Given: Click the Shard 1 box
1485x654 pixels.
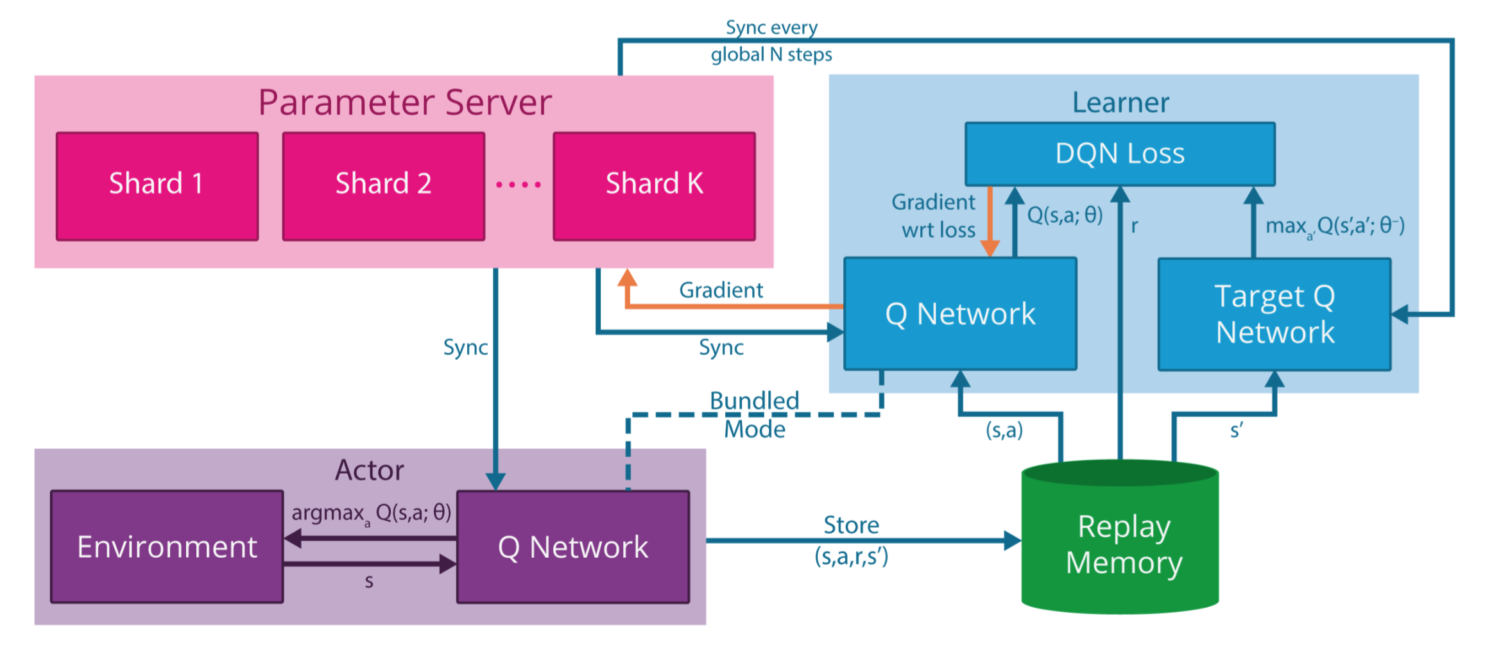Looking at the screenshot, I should tap(157, 186).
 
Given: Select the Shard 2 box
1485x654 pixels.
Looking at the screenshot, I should tap(383, 186).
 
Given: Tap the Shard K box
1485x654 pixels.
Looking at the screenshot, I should tap(654, 186).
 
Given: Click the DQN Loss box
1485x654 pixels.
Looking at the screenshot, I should tap(1120, 154).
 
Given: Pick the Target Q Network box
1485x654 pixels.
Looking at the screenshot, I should tap(1275, 314).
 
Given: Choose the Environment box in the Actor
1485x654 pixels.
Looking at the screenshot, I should tap(167, 547).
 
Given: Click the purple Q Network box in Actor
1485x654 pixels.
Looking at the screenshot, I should tap(573, 547).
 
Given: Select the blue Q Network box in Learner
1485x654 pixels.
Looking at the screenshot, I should tap(960, 314).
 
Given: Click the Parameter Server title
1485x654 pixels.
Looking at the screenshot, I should tap(405, 103).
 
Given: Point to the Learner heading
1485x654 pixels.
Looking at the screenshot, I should tap(1120, 103).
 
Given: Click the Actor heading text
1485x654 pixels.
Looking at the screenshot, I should tap(370, 471).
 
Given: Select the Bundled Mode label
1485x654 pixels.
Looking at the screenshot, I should tap(755, 415).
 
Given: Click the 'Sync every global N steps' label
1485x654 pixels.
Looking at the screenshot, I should tap(771, 41).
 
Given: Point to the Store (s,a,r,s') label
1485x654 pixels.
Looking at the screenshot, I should tap(852, 540).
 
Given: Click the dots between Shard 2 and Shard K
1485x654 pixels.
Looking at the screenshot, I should tap(519, 185).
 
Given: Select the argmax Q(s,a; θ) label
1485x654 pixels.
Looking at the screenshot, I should tap(371, 513).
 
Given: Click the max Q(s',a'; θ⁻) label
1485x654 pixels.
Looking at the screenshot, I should tap(1335, 226).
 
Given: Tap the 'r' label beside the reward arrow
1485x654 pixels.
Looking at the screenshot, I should tap(1135, 226).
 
